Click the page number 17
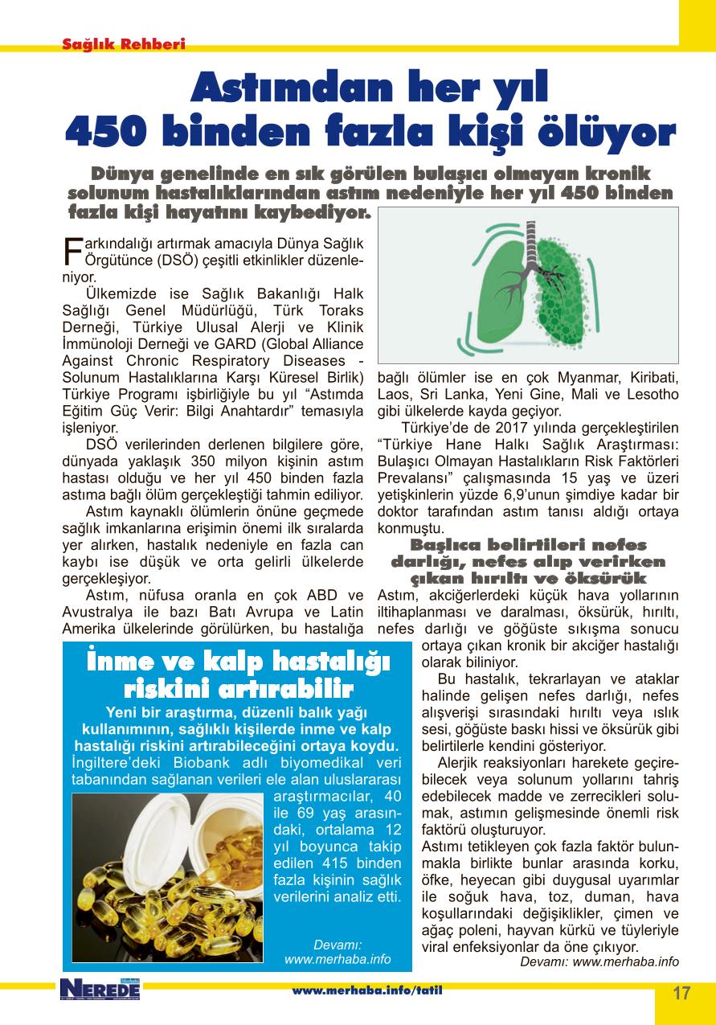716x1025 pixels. point(681,992)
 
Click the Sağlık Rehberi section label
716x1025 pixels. point(124,44)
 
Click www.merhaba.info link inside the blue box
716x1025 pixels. point(338,959)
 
